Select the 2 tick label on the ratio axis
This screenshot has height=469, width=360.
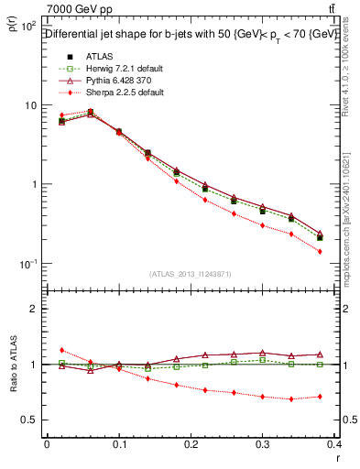33,309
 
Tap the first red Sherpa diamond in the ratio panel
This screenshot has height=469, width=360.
61,350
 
